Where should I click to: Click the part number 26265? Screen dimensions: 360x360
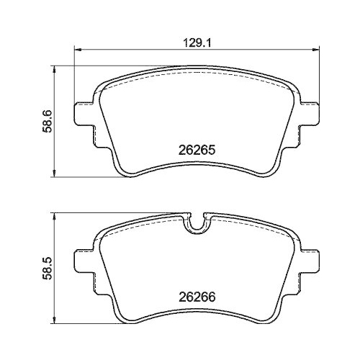tap(197, 151)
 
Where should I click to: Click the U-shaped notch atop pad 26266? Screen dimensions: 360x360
tap(196, 223)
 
